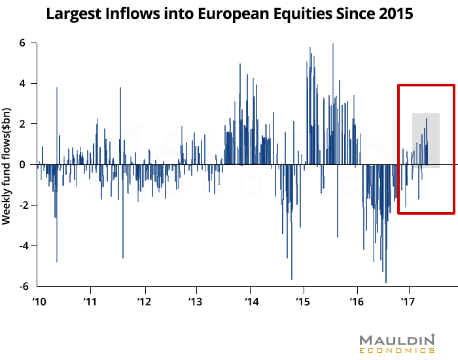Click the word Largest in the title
pyautogui.click(x=74, y=14)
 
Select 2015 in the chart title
pyautogui.click(x=395, y=14)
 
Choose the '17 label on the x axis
pyautogui.click(x=410, y=302)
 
